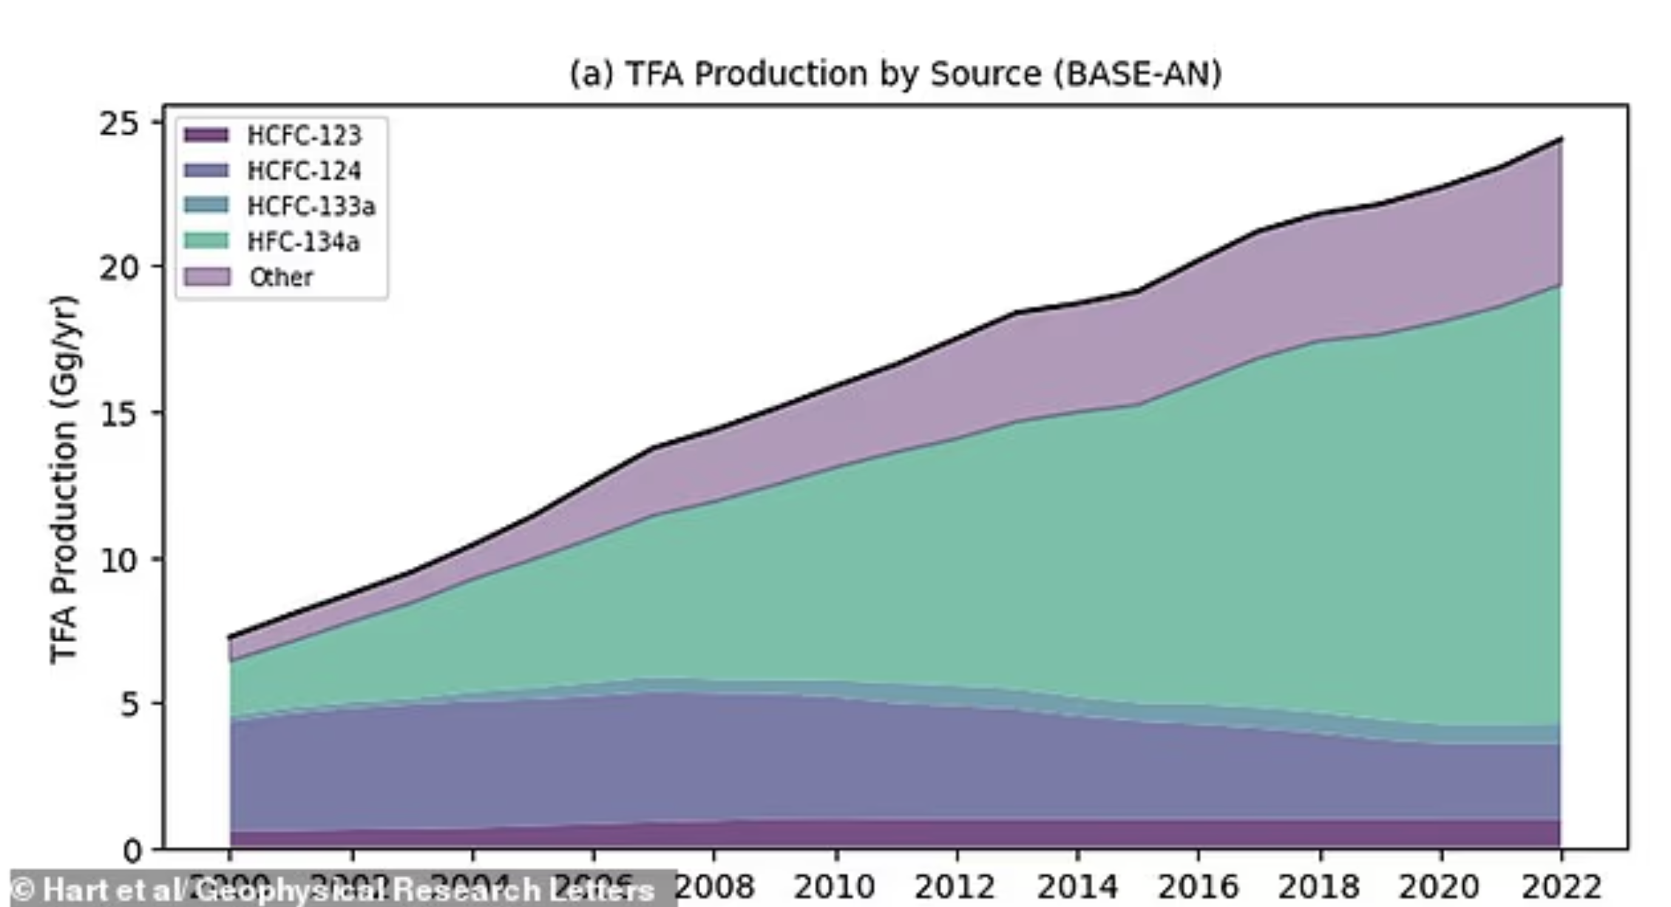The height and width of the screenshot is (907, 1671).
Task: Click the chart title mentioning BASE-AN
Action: click(895, 74)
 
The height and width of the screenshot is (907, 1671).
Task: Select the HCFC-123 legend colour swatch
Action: click(206, 135)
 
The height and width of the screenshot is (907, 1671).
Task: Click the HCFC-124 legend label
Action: click(304, 171)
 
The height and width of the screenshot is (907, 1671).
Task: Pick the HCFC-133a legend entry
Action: click(311, 206)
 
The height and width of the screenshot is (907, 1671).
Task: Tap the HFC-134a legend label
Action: click(303, 241)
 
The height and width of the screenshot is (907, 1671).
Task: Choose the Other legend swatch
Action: click(206, 277)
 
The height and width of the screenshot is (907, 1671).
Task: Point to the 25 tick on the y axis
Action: click(119, 124)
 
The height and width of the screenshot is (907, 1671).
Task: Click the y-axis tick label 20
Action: click(119, 268)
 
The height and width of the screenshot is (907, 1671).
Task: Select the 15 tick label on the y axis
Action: click(119, 414)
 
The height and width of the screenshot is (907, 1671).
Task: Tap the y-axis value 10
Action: click(119, 560)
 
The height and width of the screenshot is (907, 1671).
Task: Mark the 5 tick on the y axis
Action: click(129, 704)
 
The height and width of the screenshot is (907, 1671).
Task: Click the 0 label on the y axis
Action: click(132, 851)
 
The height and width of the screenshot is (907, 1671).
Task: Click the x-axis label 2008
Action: click(714, 886)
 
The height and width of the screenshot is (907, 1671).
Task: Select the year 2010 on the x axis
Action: click(835, 886)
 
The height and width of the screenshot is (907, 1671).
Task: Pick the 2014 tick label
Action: click(1077, 886)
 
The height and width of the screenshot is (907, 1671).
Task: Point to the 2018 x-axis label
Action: click(1320, 886)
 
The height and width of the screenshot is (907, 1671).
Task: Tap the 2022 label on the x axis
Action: click(1561, 886)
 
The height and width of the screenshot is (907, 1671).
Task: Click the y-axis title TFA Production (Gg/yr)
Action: click(65, 479)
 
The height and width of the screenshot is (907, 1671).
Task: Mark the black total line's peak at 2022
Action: click(1560, 138)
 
